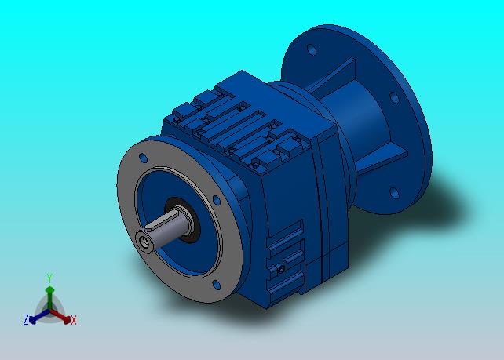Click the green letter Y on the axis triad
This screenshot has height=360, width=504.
pyautogui.click(x=49, y=278)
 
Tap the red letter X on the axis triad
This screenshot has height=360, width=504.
pyautogui.click(x=74, y=320)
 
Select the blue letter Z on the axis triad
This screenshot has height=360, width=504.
pyautogui.click(x=26, y=319)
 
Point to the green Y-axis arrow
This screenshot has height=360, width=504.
pyautogui.click(x=49, y=298)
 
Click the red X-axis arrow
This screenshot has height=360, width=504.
pyautogui.click(x=60, y=315)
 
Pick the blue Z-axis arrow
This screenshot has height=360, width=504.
pyautogui.click(x=39, y=316)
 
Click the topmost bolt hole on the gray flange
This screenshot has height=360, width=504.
pyautogui.click(x=143, y=158)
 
